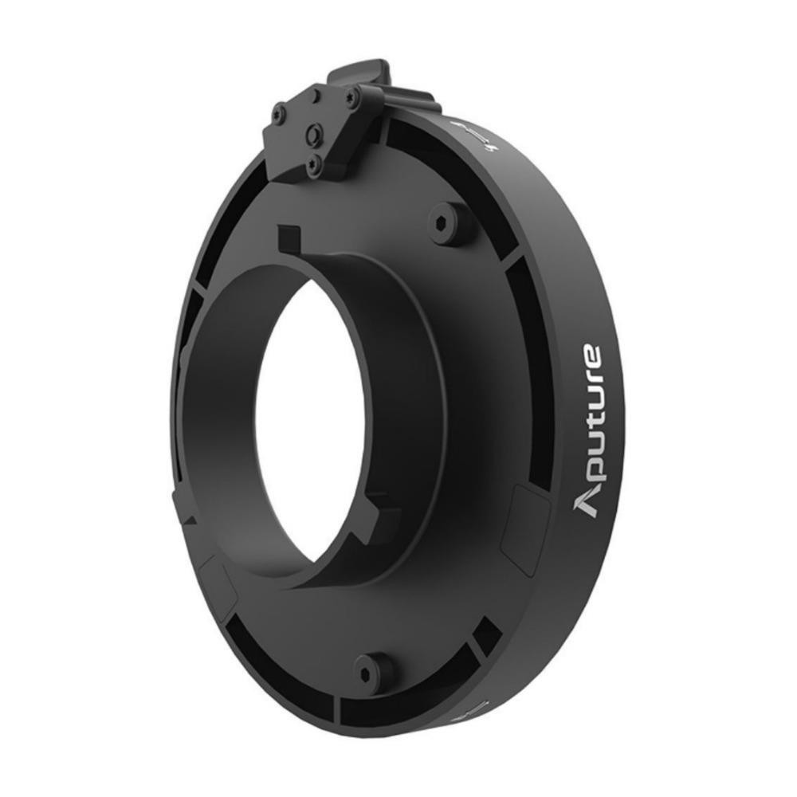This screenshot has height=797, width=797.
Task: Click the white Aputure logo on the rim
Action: click(x=590, y=430)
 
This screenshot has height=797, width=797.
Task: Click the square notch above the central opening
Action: click(x=289, y=238)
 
